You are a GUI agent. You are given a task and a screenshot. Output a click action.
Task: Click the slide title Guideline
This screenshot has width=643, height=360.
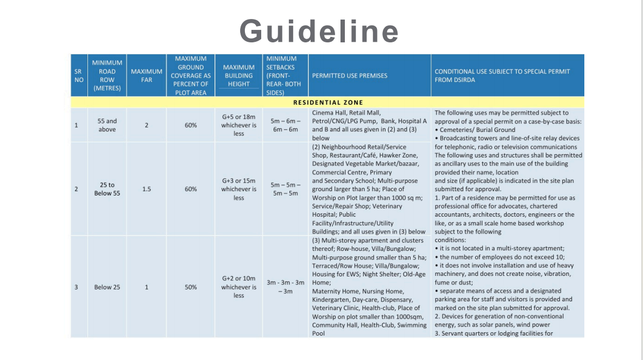pyautogui.click(x=319, y=31)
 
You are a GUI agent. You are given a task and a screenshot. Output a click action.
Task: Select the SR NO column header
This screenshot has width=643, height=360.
pyautogui.click(x=79, y=75)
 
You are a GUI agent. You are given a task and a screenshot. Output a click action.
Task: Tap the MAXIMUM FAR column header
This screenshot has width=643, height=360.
pyautogui.click(x=147, y=75)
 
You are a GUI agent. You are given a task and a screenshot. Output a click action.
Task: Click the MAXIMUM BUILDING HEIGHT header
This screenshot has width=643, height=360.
pyautogui.click(x=238, y=75)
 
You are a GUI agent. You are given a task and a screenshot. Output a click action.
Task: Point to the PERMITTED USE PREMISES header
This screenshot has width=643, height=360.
pyautogui.click(x=350, y=75)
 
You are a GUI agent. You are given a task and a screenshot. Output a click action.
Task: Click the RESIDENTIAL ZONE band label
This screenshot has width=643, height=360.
pyautogui.click(x=328, y=102)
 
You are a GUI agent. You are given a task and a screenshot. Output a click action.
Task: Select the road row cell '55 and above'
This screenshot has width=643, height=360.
pyautogui.click(x=107, y=125)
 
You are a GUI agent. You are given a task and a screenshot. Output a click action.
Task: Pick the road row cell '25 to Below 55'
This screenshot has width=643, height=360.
pyautogui.click(x=107, y=189)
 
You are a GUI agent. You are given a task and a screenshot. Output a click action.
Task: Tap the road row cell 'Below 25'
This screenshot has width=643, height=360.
pyautogui.click(x=107, y=287)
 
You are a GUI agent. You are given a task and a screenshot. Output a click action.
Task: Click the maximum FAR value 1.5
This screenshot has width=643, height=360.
pyautogui.click(x=147, y=189)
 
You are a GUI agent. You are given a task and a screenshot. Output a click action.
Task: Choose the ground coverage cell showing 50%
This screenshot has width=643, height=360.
pyautogui.click(x=191, y=287)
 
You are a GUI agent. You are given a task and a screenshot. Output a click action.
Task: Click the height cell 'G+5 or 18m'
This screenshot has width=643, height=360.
pyautogui.click(x=238, y=117)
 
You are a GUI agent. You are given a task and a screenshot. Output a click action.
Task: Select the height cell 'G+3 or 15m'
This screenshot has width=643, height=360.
pyautogui.click(x=238, y=181)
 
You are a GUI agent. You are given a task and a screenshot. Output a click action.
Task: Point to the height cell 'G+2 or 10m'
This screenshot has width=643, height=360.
pyautogui.click(x=238, y=279)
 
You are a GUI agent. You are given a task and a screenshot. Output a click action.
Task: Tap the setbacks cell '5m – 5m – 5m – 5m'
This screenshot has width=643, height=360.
pyautogui.click(x=285, y=189)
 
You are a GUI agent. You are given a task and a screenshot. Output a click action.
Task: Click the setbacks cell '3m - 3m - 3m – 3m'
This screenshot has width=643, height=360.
pyautogui.click(x=285, y=287)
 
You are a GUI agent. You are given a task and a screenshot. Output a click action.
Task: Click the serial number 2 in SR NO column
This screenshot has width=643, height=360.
pyautogui.click(x=76, y=189)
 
